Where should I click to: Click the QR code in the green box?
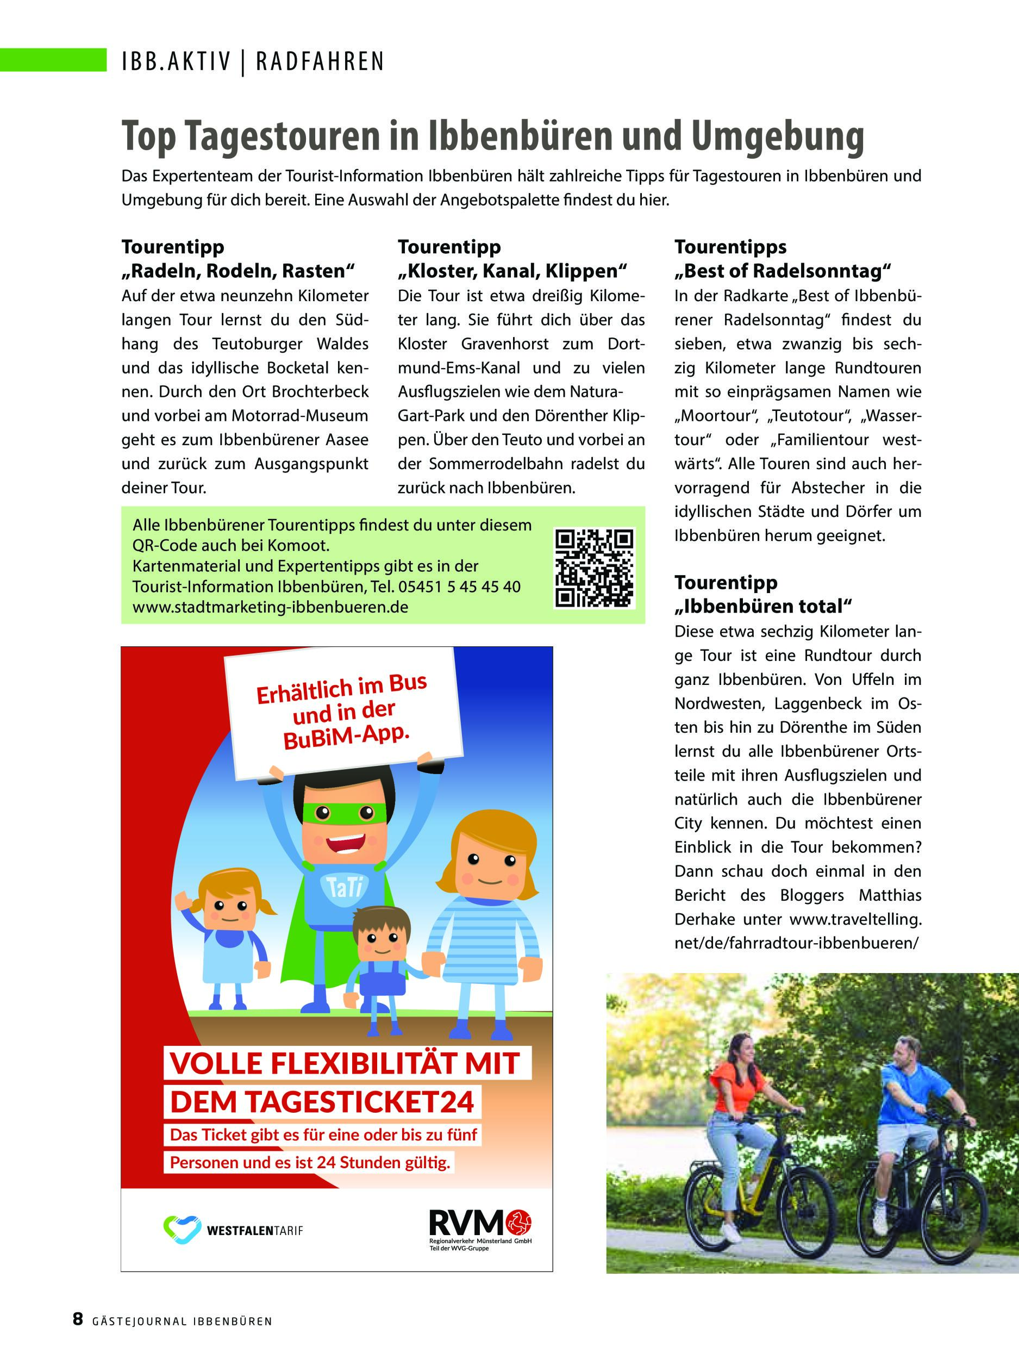pos(594,568)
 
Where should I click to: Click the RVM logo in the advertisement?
pos(480,1223)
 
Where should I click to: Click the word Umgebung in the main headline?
pos(778,136)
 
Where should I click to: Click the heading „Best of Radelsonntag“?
pos(783,271)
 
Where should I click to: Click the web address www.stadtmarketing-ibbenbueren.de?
pos(270,607)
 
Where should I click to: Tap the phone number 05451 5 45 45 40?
pos(459,587)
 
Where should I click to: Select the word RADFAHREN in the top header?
pos(320,61)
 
